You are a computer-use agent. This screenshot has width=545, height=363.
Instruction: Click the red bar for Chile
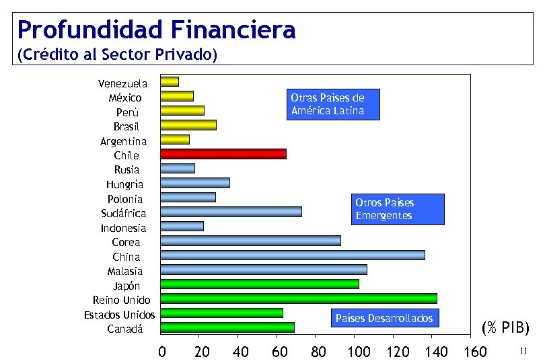223,154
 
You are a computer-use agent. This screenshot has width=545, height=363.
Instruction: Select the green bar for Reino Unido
298,298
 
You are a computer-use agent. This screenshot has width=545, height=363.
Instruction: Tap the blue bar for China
292,255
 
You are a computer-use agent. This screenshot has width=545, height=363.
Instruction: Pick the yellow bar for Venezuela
170,82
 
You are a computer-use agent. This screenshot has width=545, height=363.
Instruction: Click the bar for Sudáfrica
231,212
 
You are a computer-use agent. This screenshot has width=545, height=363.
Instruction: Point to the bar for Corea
250,241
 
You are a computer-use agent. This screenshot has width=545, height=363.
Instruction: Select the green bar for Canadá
227,327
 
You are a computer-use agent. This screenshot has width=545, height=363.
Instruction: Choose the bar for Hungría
195,183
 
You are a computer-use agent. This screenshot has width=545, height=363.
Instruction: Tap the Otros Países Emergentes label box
398,209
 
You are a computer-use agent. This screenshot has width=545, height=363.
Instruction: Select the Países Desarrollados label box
384,318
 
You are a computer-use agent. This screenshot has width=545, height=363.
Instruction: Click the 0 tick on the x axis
161,352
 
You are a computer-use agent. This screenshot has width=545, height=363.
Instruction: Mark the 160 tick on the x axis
475,352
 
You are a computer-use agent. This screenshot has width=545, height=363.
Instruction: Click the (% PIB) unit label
505,327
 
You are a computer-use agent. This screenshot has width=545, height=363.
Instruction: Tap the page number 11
524,350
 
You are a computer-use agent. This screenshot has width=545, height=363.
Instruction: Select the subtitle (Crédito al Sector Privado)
117,54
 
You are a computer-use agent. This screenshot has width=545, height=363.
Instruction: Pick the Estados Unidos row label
119,315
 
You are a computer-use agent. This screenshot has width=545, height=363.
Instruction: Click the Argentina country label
123,141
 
